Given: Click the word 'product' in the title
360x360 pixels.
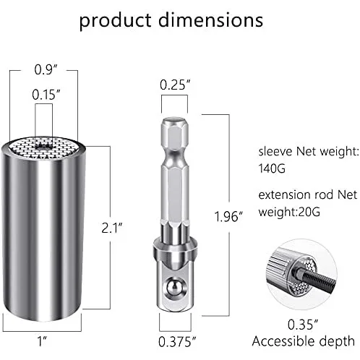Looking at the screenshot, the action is (115, 21).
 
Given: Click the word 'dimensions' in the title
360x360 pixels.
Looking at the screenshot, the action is (210, 20).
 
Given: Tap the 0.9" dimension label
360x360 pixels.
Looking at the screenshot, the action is (46, 69).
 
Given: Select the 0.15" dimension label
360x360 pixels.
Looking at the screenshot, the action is (46, 95).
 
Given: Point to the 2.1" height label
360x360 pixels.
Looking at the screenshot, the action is (112, 228).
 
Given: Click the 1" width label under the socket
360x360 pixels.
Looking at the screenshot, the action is (42, 341).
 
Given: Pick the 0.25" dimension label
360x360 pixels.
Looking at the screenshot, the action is (175, 85).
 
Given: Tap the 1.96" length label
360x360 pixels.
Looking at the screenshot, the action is (228, 216).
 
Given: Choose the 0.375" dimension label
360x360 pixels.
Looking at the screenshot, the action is (177, 342).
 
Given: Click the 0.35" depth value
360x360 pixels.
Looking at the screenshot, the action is (303, 325).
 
